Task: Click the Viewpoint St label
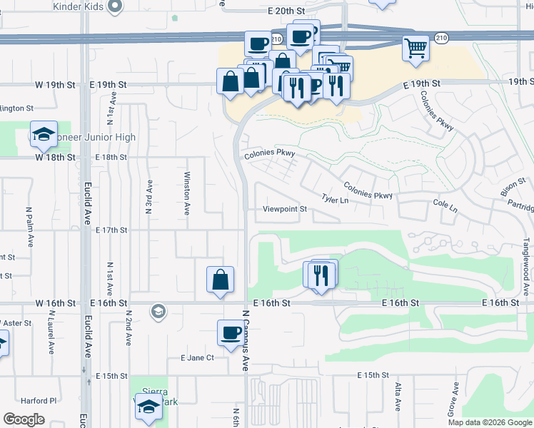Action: point(284,209)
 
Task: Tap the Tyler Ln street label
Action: point(335,200)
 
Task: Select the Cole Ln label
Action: point(444,205)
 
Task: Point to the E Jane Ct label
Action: point(197,357)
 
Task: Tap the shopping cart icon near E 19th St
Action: point(415,49)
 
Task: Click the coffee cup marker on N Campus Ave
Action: point(231,333)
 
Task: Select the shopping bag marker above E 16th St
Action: point(221,280)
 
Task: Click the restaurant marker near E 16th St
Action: point(320,275)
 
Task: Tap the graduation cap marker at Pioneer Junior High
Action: point(44,134)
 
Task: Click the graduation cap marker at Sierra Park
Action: point(148,407)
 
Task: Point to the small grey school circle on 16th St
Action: point(158,311)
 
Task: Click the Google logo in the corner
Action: point(24,419)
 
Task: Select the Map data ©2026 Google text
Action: point(490,422)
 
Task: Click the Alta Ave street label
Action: point(398,397)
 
